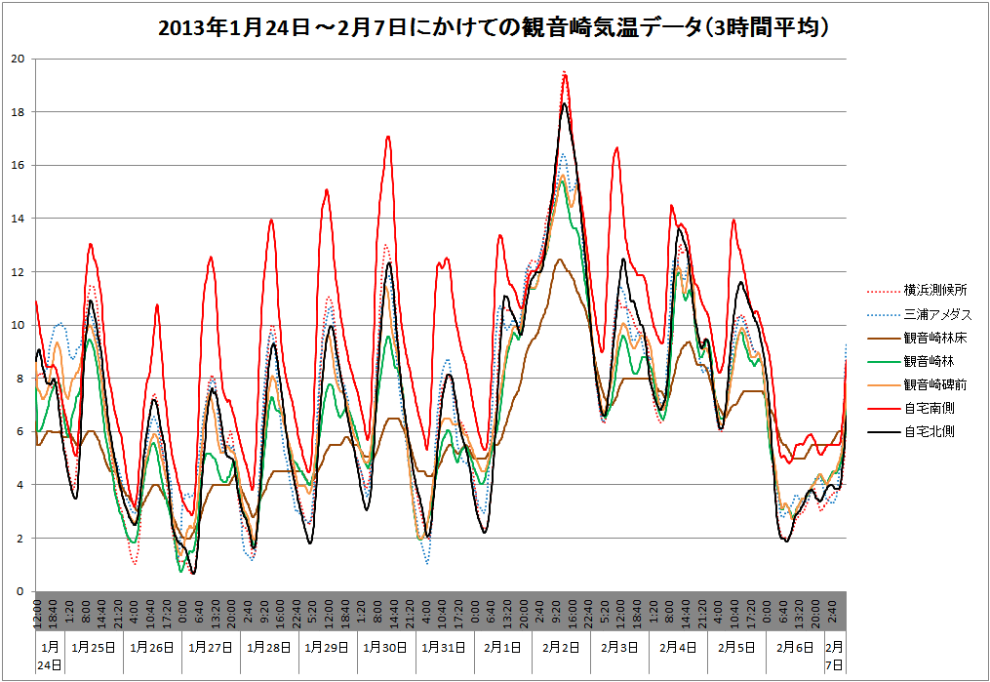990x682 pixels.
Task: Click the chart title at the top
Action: point(495,28)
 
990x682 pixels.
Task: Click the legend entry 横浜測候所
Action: point(934,290)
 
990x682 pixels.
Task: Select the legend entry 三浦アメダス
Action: point(937,314)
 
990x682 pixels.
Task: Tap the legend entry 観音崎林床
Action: point(934,338)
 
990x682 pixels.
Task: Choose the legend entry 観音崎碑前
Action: point(934,384)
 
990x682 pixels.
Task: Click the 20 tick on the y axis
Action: point(18,59)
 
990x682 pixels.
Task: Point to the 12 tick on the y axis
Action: point(18,271)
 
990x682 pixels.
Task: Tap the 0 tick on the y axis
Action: point(20,591)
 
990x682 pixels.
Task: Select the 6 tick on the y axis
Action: point(20,431)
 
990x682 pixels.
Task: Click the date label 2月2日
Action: point(562,648)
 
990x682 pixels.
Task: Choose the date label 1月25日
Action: point(94,648)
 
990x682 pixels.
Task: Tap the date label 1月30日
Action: point(386,648)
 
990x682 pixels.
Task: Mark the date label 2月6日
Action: point(796,648)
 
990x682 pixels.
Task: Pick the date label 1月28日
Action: point(269,648)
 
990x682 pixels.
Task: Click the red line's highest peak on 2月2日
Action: point(565,73)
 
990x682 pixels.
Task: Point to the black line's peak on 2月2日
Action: point(565,103)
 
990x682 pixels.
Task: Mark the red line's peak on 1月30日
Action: point(388,137)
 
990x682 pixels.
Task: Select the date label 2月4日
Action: point(679,648)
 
